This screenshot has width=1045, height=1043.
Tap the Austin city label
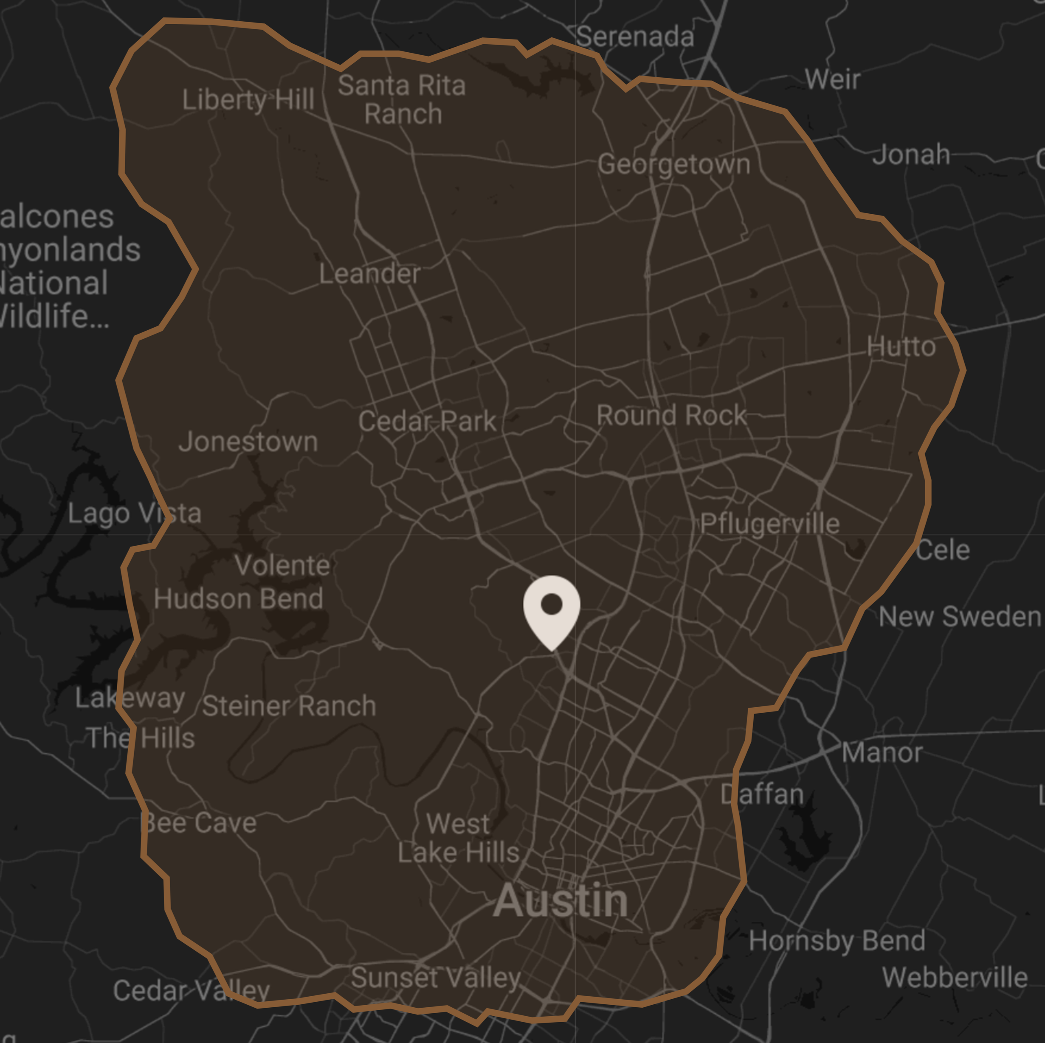(x=561, y=901)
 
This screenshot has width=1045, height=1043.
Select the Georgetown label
(x=674, y=164)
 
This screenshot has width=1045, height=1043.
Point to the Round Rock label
(x=671, y=415)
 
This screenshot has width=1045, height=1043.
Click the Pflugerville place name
(x=770, y=523)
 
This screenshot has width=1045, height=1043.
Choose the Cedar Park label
(x=427, y=421)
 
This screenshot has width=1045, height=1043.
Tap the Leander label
(x=369, y=274)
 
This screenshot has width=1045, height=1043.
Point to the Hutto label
(x=901, y=346)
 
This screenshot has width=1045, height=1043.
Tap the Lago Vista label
(x=134, y=513)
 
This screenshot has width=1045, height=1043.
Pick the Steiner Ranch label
(x=289, y=706)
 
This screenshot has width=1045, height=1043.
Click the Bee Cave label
(x=198, y=823)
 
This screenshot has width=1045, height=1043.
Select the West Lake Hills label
(x=459, y=838)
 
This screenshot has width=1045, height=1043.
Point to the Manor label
(x=882, y=752)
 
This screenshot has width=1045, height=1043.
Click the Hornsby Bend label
(x=837, y=941)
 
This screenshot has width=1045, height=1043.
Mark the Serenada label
(x=634, y=37)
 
